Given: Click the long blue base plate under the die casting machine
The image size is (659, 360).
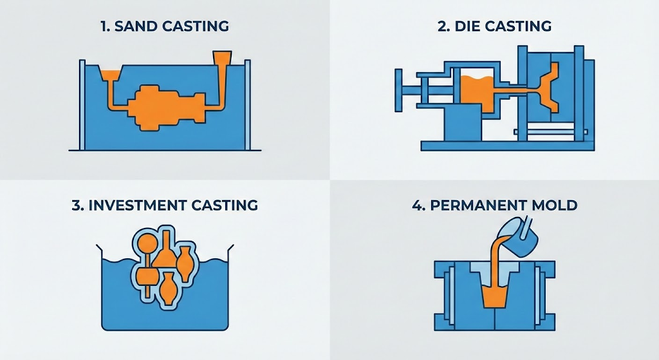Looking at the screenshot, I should tap(502, 146).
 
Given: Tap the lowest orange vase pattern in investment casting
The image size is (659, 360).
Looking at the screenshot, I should tap(169, 287).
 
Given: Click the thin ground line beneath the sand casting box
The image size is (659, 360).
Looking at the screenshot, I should tap(165, 151).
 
